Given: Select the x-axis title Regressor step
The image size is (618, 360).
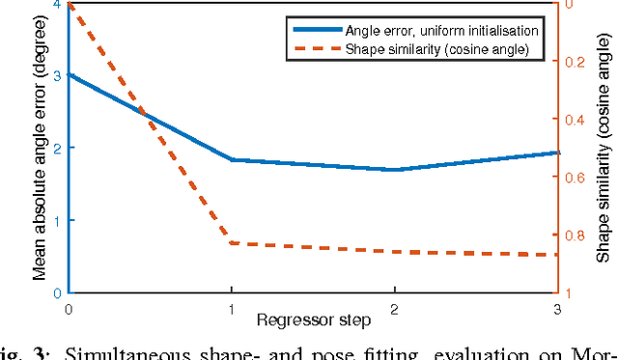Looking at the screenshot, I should [x=311, y=319].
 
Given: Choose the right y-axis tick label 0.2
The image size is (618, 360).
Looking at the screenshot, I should [x=577, y=62].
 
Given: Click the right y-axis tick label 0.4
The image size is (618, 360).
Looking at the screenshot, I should [x=577, y=120].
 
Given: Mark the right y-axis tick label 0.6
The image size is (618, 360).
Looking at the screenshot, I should [x=577, y=178].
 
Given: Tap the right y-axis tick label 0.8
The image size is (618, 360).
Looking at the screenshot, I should [x=577, y=235].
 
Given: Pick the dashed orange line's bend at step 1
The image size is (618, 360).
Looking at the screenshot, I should [x=231, y=243].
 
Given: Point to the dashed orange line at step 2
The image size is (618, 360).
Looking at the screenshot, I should [x=394, y=251].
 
